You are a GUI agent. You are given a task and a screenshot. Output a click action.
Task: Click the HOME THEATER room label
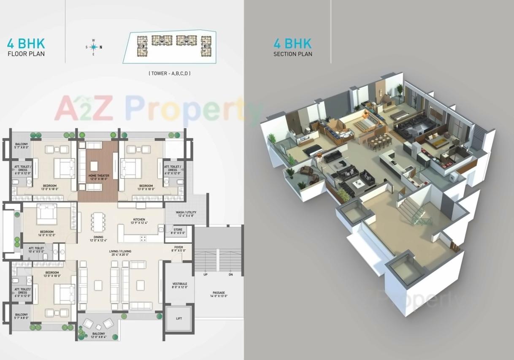pos(98,177)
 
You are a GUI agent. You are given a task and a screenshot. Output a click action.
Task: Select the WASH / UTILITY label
pos(186,214)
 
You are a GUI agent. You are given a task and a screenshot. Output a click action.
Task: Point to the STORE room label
pos(178,231)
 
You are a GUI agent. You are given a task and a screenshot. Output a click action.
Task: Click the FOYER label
pos(179,249)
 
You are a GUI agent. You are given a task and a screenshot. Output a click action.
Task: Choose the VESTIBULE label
pos(179,285)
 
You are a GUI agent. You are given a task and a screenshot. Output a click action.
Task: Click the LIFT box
pos(179,318)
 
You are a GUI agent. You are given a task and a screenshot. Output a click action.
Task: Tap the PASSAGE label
pos(219,294)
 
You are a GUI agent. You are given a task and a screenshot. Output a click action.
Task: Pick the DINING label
pos(96,239)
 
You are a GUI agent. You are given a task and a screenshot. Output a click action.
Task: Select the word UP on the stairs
pos(206,274)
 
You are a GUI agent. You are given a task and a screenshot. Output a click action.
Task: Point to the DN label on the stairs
pos(230,274)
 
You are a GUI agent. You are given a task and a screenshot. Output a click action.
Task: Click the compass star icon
pos(94,47)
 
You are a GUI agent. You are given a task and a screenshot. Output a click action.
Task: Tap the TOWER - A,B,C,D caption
pos(169,73)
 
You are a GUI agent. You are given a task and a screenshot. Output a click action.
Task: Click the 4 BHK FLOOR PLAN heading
pos(26,47)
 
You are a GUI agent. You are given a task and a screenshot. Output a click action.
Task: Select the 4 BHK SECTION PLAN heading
pos(292,47)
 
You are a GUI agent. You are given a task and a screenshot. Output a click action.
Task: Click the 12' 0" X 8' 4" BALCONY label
pos(98,335)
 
